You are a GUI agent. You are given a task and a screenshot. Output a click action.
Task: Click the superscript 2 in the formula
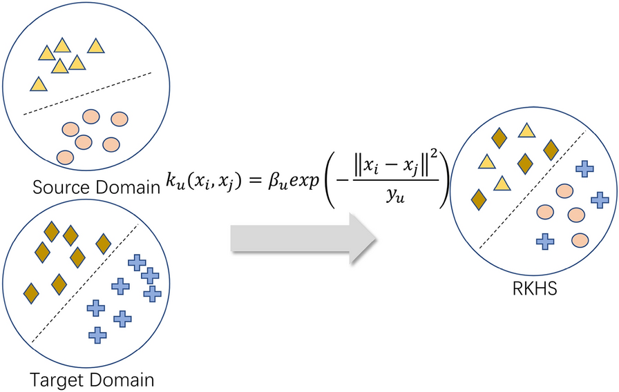pyautogui.click(x=436, y=163)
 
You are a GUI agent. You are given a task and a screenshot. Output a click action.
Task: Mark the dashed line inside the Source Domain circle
pyautogui.click(x=87, y=95)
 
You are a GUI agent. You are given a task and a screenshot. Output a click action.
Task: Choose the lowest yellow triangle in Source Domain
pyautogui.click(x=39, y=85)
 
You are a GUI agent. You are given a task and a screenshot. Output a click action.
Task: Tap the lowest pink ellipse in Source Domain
pyautogui.click(x=65, y=156)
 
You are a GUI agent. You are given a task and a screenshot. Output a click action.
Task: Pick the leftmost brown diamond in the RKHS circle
pyautogui.click(x=477, y=199)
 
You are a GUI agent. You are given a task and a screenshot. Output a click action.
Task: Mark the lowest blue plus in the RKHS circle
pyautogui.click(x=546, y=241)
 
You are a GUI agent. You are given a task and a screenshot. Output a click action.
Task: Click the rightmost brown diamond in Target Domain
pyautogui.click(x=104, y=243)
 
